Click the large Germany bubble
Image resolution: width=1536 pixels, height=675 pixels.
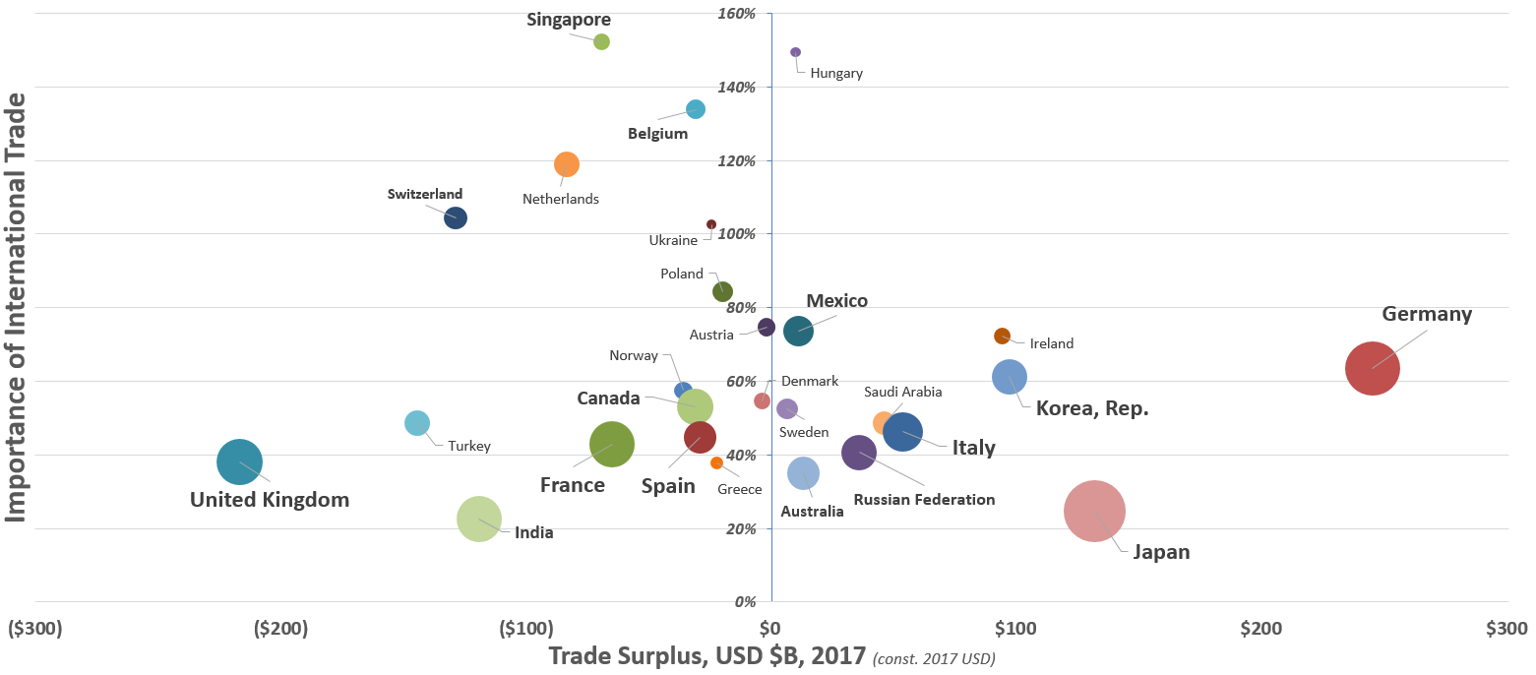pos(1372,368)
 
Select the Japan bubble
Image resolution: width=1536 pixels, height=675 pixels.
pos(1094,511)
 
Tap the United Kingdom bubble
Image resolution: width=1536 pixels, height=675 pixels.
pos(239,461)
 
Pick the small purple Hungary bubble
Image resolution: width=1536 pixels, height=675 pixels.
pos(795,52)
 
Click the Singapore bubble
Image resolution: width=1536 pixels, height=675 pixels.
pos(601,41)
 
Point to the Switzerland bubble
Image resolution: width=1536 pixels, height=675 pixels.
pos(455,217)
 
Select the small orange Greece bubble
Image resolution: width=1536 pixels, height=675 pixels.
pos(716,462)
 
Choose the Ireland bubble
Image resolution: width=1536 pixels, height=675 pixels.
pos(1002,336)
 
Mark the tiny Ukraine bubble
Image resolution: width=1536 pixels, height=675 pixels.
pos(711,224)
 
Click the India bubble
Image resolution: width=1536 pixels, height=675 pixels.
pos(479,519)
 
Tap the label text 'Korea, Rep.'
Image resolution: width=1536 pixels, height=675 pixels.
pos(1092,407)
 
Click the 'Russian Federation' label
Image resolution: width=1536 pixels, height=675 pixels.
pos(924,500)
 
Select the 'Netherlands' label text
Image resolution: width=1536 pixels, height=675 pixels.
pos(560,199)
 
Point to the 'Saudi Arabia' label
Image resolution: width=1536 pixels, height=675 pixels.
pos(902,392)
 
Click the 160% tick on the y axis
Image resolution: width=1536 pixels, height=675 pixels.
pos(737,14)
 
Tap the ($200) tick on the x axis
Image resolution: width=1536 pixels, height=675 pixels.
pos(281,628)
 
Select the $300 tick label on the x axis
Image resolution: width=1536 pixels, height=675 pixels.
pos(1505,628)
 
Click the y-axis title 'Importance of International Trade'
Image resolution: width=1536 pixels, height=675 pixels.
pos(16,307)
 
